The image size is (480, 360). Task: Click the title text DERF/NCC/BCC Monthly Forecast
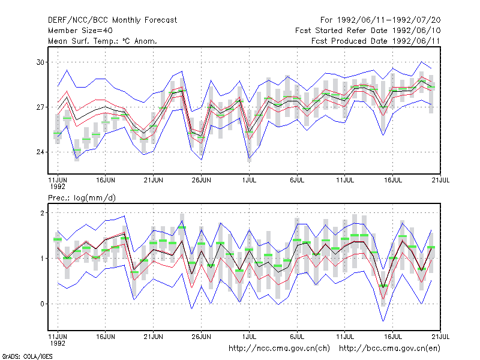112,20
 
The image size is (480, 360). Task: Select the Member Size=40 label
80,31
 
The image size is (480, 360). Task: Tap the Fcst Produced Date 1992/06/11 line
376,41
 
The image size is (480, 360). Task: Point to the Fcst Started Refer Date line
368,31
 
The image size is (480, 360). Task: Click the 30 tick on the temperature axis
40,62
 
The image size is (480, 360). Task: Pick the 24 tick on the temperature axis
40,152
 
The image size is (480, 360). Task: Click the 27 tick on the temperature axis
40,107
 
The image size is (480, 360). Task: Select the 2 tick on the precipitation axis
42,213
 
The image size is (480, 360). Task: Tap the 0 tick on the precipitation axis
42,304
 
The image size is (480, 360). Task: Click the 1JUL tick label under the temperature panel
249,180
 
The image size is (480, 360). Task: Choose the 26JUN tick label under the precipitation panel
201,337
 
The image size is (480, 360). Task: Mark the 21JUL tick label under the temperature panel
440,180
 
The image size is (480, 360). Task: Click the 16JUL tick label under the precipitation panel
393,337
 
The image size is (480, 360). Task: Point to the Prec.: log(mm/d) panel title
82,198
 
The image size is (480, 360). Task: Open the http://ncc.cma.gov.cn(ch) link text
279,349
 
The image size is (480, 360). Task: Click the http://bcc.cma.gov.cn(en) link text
389,349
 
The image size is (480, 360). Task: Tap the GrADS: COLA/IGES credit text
27,356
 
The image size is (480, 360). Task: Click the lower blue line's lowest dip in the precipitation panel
383,321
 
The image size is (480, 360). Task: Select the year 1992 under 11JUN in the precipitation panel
58,343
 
